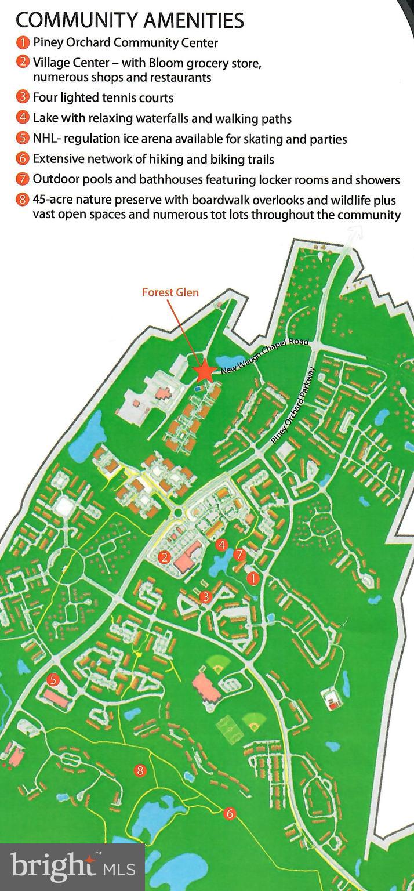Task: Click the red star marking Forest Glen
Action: point(203,371)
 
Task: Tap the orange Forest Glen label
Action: point(170,292)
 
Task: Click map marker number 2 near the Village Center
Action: point(165,557)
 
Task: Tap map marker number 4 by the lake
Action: point(221,545)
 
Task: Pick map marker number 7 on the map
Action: point(239,555)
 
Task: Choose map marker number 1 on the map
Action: point(252,578)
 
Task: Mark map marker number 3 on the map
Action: point(205,596)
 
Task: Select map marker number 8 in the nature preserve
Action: point(140,770)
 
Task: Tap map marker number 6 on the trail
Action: point(230,814)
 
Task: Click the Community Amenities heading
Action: point(130,20)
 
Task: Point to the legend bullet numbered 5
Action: point(23,139)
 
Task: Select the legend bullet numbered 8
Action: point(23,200)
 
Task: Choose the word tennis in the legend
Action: point(119,97)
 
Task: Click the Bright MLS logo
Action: point(72,867)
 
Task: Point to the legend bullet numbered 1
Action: point(23,42)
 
